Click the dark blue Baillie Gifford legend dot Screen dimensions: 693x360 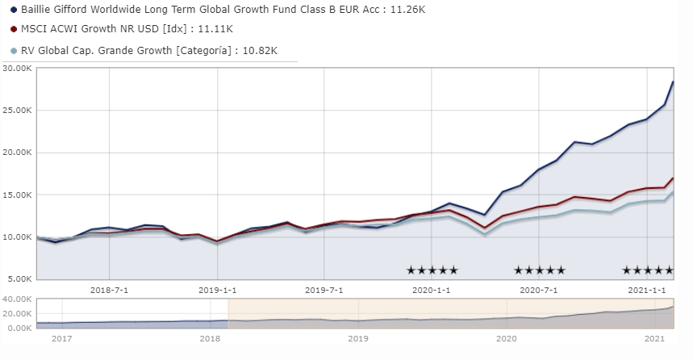[14, 10]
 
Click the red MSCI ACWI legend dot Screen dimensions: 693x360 [14, 29]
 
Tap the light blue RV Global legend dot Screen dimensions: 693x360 [14, 51]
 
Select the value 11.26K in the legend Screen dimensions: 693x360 [407, 10]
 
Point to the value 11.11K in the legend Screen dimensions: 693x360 [215, 29]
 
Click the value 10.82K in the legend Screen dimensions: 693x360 [260, 51]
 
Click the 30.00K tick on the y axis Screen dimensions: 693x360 [17, 68]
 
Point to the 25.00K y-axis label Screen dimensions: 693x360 [17, 110]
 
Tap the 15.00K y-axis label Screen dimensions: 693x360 [17, 195]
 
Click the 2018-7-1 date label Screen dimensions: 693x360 [109, 291]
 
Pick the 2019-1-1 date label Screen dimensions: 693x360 [218, 291]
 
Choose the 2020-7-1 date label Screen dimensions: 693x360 [539, 291]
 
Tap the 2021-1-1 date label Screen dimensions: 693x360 [646, 291]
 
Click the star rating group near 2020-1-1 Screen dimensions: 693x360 [432, 270]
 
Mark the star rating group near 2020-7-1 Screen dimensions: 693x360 [540, 270]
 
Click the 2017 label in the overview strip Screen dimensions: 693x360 [62, 339]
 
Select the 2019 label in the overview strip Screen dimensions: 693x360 [358, 339]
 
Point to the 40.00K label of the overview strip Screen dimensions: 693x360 [17, 299]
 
